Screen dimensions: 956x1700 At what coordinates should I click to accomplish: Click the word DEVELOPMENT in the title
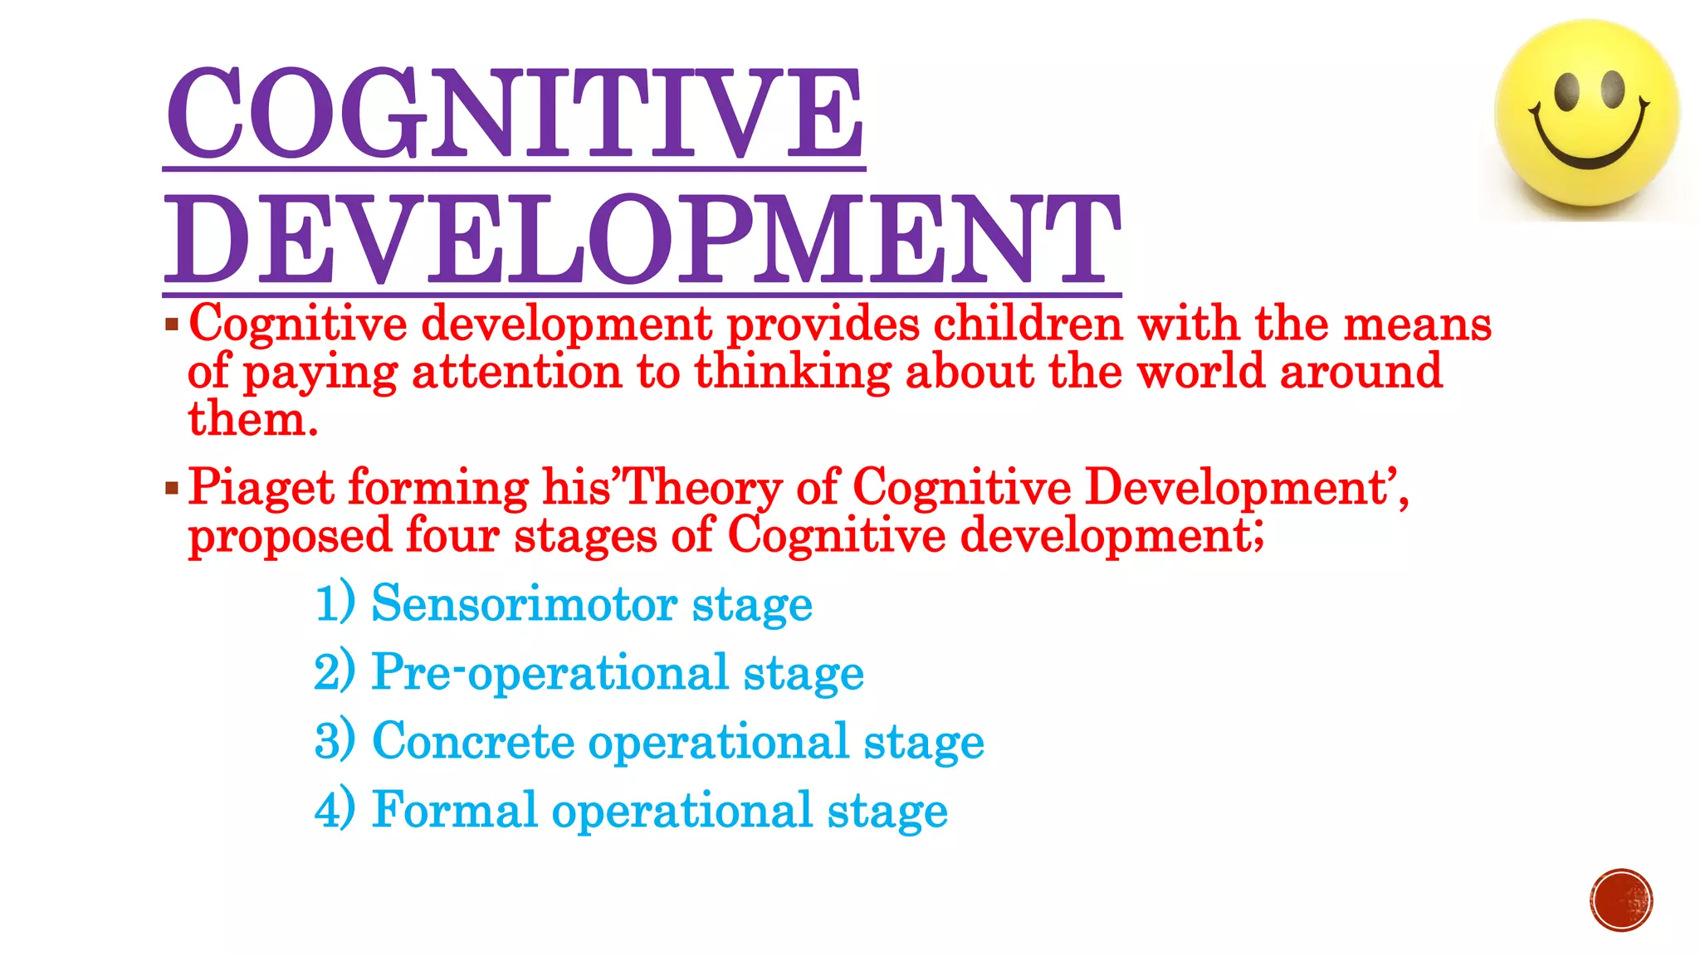point(642,241)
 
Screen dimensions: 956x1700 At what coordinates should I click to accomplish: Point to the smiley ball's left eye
point(1567,91)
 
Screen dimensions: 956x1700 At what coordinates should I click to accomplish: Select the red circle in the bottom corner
point(1621,900)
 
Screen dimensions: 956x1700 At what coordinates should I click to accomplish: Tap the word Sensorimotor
point(524,603)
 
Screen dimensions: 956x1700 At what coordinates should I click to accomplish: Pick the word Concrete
point(472,741)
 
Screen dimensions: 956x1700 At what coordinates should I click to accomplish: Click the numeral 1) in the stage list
point(335,603)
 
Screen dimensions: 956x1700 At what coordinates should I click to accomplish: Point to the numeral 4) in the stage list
point(335,810)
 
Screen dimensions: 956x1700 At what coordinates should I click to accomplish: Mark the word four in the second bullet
point(452,535)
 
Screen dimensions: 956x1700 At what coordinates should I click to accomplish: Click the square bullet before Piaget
point(172,487)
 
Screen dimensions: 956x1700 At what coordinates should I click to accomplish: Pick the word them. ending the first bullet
point(252,419)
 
